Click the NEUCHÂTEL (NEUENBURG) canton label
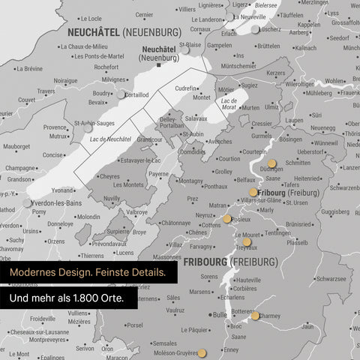tap(124, 33)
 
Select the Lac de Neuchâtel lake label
tap(104, 139)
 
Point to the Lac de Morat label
tap(229, 104)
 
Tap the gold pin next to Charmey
tap(255, 316)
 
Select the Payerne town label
tap(158, 174)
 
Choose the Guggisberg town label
tap(334, 212)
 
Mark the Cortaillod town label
tap(136, 94)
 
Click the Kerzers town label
tap(276, 73)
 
